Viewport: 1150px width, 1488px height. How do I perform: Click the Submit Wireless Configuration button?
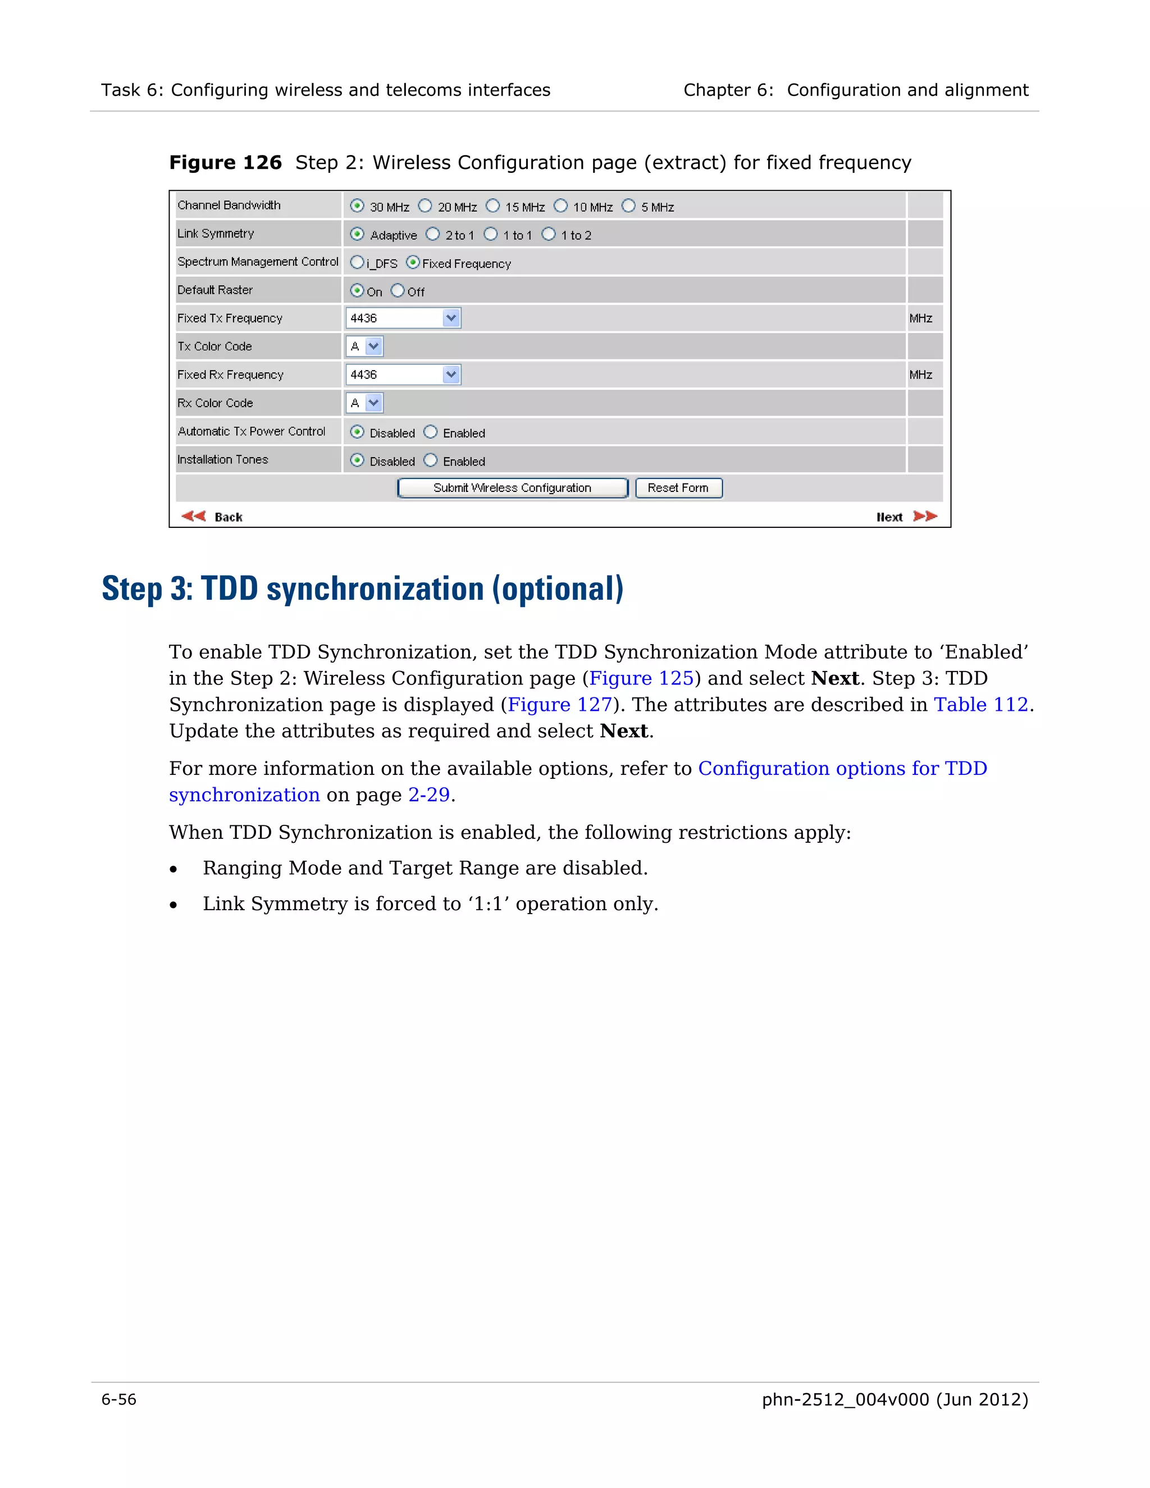click(x=512, y=488)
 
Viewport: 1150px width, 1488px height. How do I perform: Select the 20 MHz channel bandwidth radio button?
click(x=425, y=206)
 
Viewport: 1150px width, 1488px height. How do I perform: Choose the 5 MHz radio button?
click(x=628, y=206)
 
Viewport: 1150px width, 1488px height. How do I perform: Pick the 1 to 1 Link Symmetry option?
click(x=491, y=234)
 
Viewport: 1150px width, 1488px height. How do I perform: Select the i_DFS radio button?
click(x=357, y=262)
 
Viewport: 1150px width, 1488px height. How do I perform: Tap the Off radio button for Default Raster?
click(x=398, y=291)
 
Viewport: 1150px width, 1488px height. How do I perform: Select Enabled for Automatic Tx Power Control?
click(x=431, y=432)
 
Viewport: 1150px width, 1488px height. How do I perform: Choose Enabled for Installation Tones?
click(x=431, y=460)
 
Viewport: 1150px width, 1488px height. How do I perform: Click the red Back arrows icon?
click(x=194, y=516)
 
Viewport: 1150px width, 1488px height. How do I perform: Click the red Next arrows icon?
click(x=925, y=516)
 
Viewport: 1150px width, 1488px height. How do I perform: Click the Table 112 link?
click(x=980, y=705)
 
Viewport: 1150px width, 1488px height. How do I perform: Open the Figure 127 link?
click(x=560, y=705)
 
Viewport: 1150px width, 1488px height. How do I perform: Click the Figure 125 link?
click(x=641, y=679)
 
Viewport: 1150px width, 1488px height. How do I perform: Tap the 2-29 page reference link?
click(x=428, y=795)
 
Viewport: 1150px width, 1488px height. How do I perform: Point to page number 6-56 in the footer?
click(x=119, y=1399)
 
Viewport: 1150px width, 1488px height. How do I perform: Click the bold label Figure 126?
click(x=226, y=163)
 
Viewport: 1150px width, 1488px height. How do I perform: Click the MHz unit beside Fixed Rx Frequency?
click(x=920, y=375)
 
